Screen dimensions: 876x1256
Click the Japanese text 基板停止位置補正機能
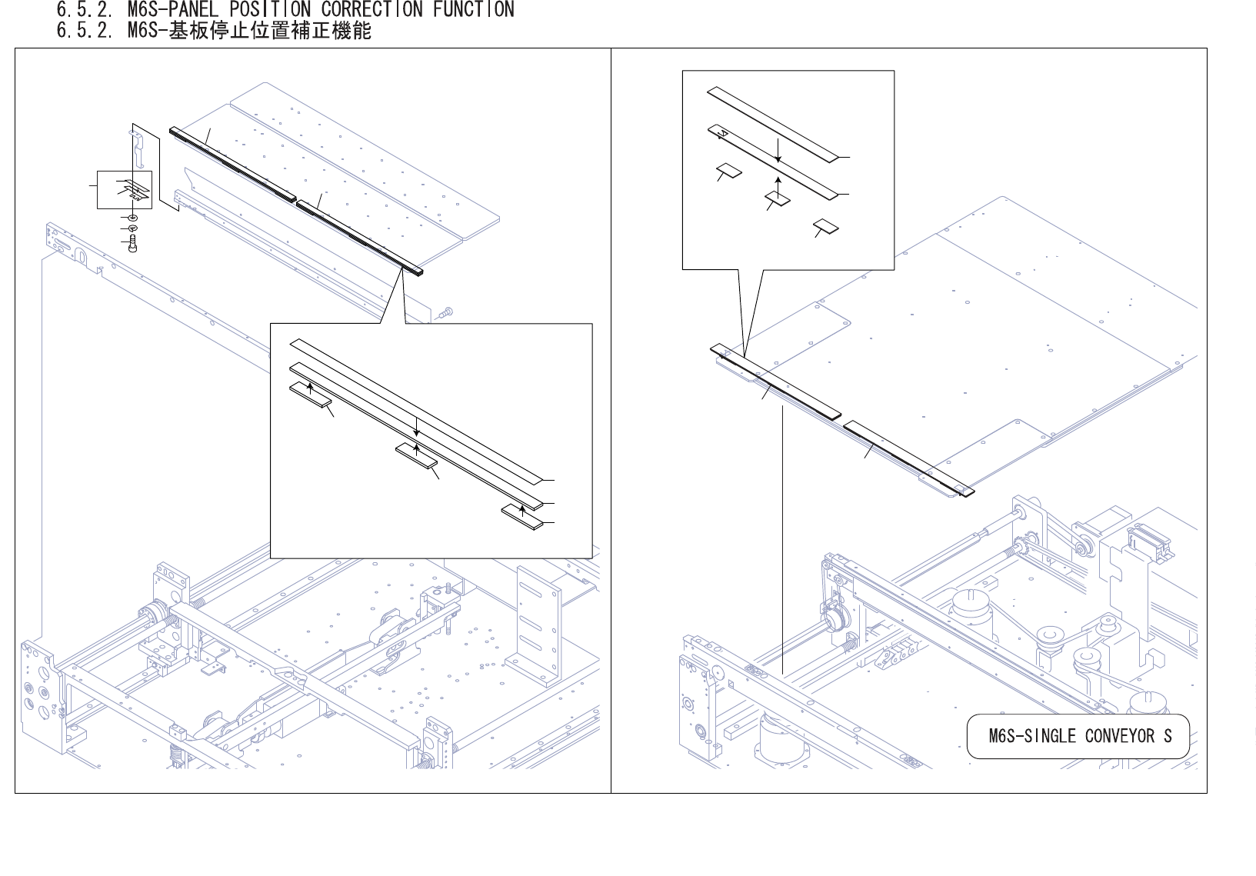pyautogui.click(x=270, y=32)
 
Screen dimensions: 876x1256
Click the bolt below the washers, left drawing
pyautogui.click(x=132, y=245)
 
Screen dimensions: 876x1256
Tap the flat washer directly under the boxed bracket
pyautogui.click(x=132, y=218)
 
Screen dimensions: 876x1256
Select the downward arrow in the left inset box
pyautogui.click(x=416, y=428)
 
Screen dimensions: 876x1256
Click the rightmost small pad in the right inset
pyautogui.click(x=826, y=225)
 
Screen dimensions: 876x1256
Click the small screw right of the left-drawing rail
pyautogui.click(x=448, y=312)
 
